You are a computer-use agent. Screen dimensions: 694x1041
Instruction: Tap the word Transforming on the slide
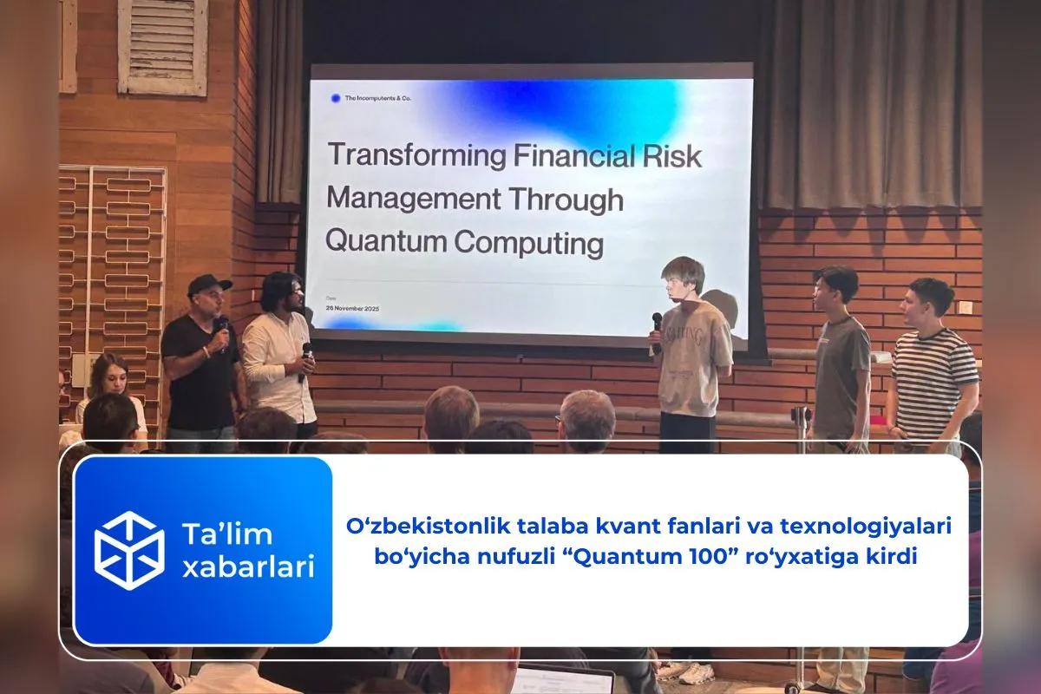coord(416,157)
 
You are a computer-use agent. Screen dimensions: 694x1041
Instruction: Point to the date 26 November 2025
coord(353,309)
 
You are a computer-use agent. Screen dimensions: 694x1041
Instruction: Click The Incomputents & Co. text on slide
coord(378,99)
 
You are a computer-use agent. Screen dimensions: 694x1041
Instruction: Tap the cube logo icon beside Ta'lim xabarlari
coord(129,550)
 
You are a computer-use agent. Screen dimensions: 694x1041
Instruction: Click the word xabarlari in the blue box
coord(248,568)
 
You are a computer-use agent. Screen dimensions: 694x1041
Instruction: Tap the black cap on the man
coord(208,284)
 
